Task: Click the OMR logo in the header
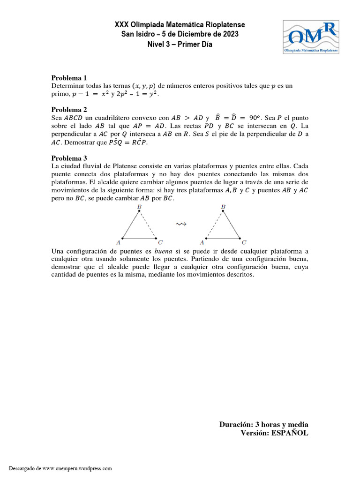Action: (311, 37)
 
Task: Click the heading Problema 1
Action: (69, 78)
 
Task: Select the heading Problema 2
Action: (69, 109)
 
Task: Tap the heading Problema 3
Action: (69, 158)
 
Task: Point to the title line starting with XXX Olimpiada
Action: (180, 24)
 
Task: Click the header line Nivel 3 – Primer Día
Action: (180, 45)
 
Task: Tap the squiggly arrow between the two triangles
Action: (181, 225)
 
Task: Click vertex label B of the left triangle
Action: (139, 207)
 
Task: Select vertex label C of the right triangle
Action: (244, 242)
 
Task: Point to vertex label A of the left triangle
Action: (118, 242)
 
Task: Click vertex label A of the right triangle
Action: (202, 242)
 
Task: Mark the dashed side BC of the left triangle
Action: (149, 225)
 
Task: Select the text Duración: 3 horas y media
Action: (263, 424)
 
